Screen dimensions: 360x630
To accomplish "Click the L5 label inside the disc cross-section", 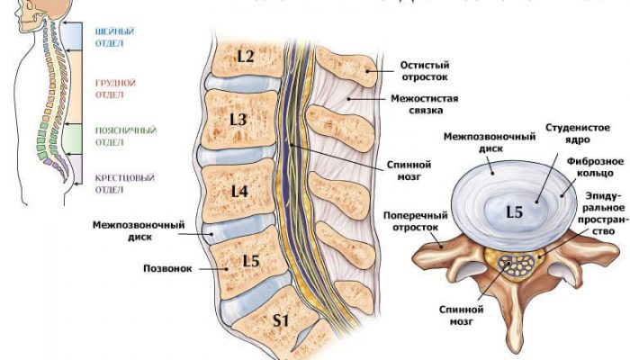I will tap(514, 212).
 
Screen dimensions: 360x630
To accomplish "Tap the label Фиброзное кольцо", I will tap(590, 167).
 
